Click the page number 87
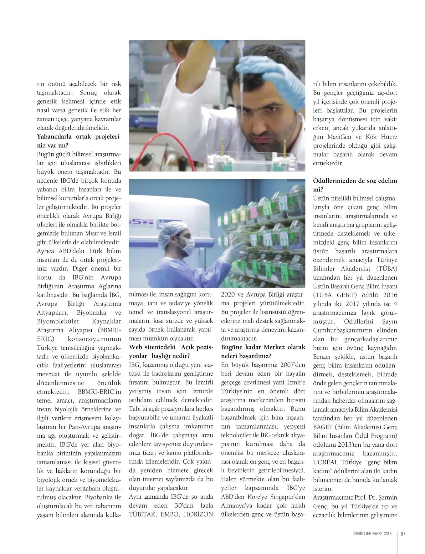[x=403, y=534]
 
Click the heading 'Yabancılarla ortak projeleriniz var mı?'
[x=79, y=141]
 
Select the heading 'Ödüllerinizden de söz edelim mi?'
[x=355, y=185]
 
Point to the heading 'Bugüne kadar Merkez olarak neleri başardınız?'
[x=263, y=352]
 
